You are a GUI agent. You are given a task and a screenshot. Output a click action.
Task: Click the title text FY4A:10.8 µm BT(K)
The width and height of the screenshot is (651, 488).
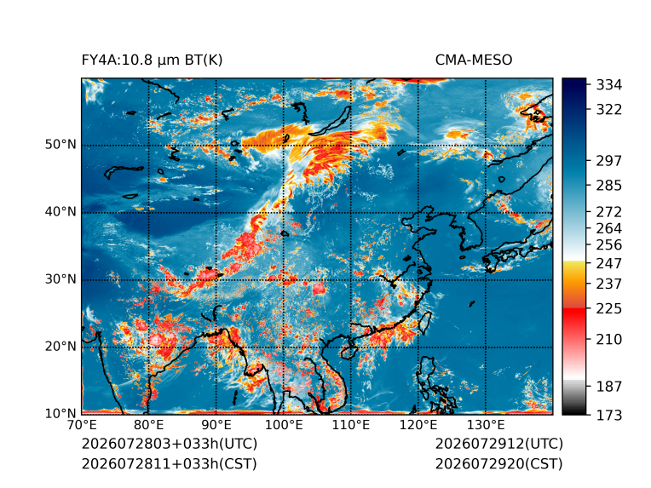pyautogui.click(x=152, y=60)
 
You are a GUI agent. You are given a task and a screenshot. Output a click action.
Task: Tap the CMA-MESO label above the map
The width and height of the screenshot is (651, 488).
pyautogui.click(x=474, y=60)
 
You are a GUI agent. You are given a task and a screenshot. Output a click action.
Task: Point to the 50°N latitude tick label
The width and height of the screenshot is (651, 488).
pyautogui.click(x=60, y=145)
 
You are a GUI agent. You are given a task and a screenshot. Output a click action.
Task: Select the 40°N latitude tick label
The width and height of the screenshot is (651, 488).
pyautogui.click(x=60, y=212)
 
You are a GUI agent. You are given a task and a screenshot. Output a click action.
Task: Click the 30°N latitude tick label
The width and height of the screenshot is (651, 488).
pyautogui.click(x=60, y=279)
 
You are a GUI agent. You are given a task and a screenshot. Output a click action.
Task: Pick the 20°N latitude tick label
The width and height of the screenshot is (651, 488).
pyautogui.click(x=60, y=347)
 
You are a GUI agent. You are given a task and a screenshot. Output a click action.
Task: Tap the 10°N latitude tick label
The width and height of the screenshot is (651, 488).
pyautogui.click(x=60, y=414)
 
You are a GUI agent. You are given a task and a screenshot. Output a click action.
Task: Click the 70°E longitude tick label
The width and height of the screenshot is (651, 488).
pyautogui.click(x=82, y=425)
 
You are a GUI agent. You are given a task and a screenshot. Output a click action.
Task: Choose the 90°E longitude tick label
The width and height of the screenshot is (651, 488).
pyautogui.click(x=216, y=425)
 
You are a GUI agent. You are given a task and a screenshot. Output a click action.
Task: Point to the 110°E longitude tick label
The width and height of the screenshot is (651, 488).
pyautogui.click(x=351, y=425)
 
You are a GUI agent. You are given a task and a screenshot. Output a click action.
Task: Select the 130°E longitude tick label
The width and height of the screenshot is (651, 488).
pyautogui.click(x=486, y=425)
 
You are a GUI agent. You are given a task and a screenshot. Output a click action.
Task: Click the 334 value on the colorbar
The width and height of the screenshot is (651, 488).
pyautogui.click(x=609, y=85)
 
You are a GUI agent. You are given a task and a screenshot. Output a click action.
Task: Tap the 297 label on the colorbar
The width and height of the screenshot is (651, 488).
pyautogui.click(x=609, y=161)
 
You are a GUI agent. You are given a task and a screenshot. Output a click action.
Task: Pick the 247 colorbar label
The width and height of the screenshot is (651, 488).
pyautogui.click(x=609, y=263)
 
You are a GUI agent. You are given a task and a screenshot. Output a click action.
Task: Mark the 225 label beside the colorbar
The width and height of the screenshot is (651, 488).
pyautogui.click(x=609, y=309)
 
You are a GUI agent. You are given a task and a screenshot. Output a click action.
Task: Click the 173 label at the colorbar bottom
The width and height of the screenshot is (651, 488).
pyautogui.click(x=609, y=415)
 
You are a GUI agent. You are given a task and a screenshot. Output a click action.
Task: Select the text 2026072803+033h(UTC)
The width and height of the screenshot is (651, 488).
pyautogui.click(x=170, y=444)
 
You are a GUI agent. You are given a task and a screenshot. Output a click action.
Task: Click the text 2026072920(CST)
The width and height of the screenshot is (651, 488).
pyautogui.click(x=499, y=464)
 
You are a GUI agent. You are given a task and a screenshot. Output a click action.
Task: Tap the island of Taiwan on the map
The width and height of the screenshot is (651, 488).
pyautogui.click(x=424, y=324)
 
